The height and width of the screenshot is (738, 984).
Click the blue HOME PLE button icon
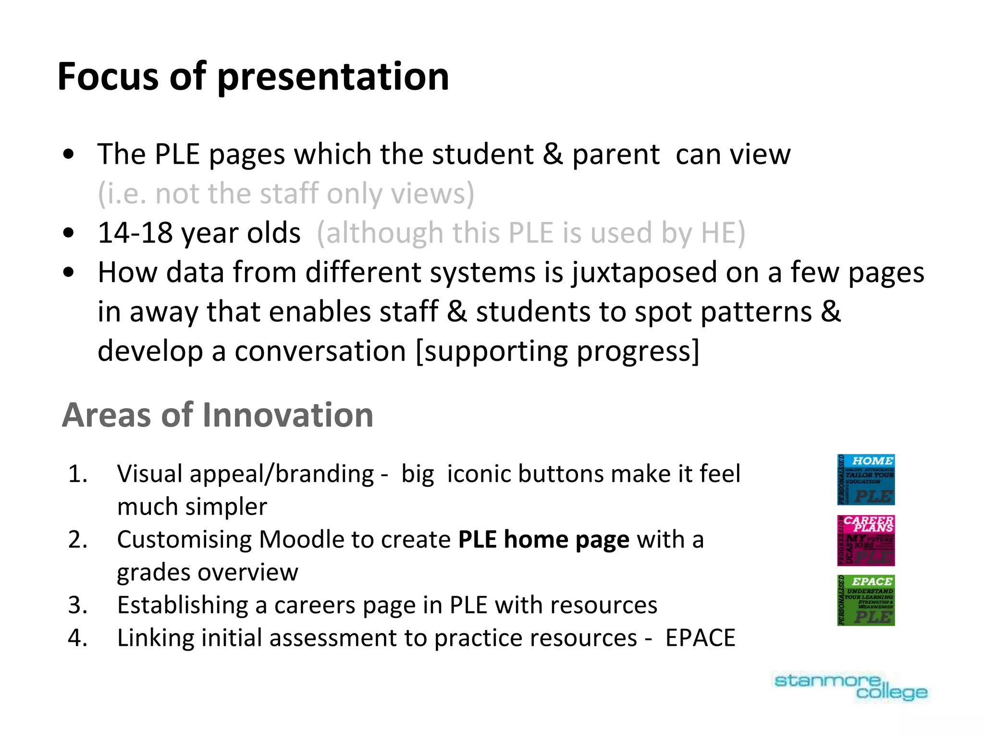pyautogui.click(x=866, y=480)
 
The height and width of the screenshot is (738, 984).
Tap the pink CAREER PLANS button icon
pyautogui.click(x=866, y=541)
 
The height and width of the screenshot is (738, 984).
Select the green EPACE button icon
pyautogui.click(x=866, y=601)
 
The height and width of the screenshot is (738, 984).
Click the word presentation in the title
pyautogui.click(x=333, y=77)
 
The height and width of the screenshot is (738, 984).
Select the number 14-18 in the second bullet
pyautogui.click(x=135, y=233)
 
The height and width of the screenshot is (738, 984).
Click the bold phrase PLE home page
pyautogui.click(x=543, y=540)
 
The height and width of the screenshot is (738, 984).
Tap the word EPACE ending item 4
pyautogui.click(x=700, y=638)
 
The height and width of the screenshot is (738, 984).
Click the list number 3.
pyautogui.click(x=77, y=605)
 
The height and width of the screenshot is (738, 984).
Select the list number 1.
pyautogui.click(x=77, y=474)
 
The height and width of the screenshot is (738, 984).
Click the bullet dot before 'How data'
pyautogui.click(x=69, y=272)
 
